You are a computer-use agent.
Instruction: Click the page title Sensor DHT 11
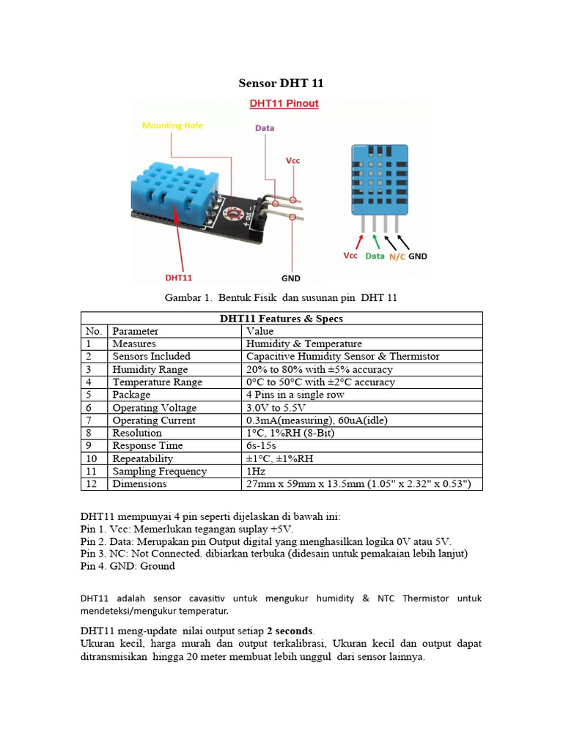pyautogui.click(x=282, y=84)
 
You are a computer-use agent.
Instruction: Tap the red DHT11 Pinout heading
pyautogui.click(x=284, y=103)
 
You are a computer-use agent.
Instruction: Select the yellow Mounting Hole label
pyautogui.click(x=172, y=125)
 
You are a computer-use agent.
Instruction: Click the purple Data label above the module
pyautogui.click(x=265, y=128)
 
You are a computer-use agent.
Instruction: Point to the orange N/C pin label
pyautogui.click(x=397, y=256)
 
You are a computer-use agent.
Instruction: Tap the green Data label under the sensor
pyautogui.click(x=375, y=256)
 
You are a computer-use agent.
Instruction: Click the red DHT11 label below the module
pyautogui.click(x=178, y=278)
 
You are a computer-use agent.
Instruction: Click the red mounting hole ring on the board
pyautogui.click(x=235, y=213)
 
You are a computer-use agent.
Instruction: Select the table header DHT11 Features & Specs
pyautogui.click(x=281, y=319)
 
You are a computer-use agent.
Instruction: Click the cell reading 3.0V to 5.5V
pyautogui.click(x=276, y=408)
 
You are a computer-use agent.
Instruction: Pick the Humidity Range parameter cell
pyautogui.click(x=150, y=369)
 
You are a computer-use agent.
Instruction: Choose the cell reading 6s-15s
pyautogui.click(x=262, y=445)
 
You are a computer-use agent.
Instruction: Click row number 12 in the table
pyautogui.click(x=91, y=484)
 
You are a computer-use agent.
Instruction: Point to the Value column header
pyautogui.click(x=260, y=331)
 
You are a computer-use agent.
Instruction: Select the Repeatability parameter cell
pyautogui.click(x=142, y=458)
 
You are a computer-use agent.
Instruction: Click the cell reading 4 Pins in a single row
pyautogui.click(x=295, y=395)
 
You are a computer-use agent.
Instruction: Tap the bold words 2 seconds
pyautogui.click(x=290, y=631)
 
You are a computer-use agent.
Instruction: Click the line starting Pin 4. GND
pyautogui.click(x=128, y=566)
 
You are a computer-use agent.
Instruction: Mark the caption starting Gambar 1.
pyautogui.click(x=281, y=298)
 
